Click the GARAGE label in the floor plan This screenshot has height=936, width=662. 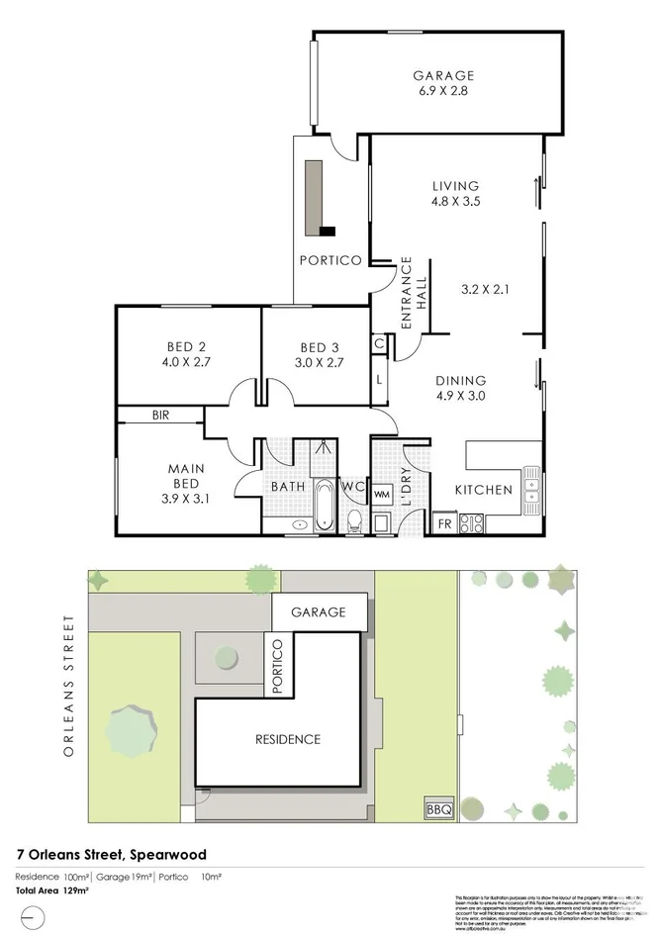[x=443, y=75]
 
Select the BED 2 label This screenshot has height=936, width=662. [x=186, y=347]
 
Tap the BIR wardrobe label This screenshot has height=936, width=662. [x=161, y=417]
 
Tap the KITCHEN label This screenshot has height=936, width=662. [x=483, y=490]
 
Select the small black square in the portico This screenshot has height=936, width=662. [x=328, y=232]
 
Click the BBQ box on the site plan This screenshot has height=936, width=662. [x=438, y=809]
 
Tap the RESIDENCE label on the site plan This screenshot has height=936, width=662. [x=289, y=738]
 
